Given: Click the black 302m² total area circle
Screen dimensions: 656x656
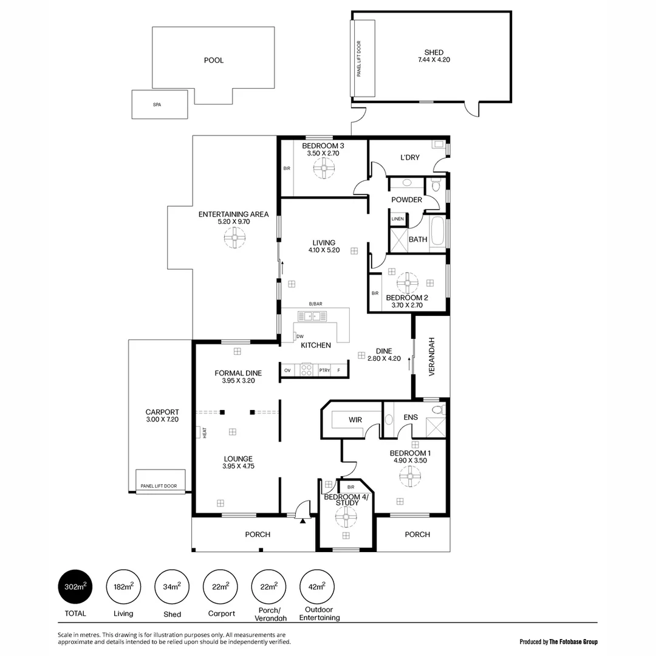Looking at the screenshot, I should pos(75,586).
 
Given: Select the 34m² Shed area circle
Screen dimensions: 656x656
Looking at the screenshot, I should pos(172,586).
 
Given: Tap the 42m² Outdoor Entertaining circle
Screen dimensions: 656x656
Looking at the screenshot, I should pos(316,586).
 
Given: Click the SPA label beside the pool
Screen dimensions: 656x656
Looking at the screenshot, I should pos(157,104).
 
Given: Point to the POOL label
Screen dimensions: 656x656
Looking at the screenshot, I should pos(214,60).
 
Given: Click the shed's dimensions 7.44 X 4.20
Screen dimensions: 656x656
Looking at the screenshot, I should pos(434,60).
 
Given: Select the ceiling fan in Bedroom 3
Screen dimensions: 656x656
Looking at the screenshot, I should pos(324,169).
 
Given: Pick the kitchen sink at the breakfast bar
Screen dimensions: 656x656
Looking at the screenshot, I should pos(312,316).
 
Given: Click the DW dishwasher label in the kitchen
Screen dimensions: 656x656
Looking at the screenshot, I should pos(300,336).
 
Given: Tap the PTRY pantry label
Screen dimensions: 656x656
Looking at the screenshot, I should pos(324,370).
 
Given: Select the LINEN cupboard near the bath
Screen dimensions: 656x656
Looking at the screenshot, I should pos(398,219).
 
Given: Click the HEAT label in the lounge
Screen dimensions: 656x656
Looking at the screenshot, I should pos(204,432).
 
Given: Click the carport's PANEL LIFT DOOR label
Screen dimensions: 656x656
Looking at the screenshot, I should pos(159,486).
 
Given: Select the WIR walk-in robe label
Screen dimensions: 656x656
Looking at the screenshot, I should pos(355,420).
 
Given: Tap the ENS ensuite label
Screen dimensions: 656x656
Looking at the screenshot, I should pos(411,417).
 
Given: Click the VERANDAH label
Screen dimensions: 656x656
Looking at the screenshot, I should pos(432,362).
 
